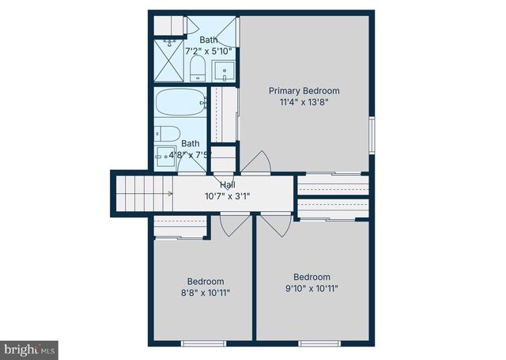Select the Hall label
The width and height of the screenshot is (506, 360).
click(x=228, y=184)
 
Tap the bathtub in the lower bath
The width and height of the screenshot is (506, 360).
click(x=180, y=104)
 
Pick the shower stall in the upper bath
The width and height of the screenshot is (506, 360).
click(x=169, y=60)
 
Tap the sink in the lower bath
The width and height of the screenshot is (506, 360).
click(x=166, y=154)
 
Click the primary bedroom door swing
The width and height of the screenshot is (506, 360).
click(x=257, y=161)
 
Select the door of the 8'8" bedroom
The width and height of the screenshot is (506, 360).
click(x=234, y=225)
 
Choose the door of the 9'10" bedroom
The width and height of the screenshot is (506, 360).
click(x=274, y=225)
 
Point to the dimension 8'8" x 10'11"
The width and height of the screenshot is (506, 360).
click(x=206, y=293)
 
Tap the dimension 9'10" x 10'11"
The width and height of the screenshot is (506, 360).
click(x=312, y=289)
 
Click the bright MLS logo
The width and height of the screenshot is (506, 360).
click(x=30, y=348)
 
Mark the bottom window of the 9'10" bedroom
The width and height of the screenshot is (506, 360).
click(x=319, y=343)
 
